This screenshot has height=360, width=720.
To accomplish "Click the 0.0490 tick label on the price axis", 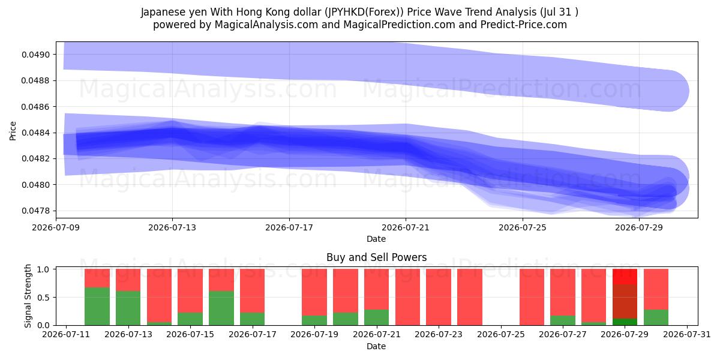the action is tap(35, 55).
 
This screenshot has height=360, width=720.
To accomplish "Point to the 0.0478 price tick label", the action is tap(35, 211).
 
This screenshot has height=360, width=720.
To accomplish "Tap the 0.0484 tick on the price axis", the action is tap(35, 133).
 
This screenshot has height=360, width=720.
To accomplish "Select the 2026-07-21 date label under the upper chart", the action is tap(406, 227).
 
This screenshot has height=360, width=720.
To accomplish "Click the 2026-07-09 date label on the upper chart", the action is tap(56, 227).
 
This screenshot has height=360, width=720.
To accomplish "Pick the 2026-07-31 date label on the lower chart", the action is tap(687, 335).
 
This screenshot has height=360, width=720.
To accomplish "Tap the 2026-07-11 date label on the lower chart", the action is tap(66, 335).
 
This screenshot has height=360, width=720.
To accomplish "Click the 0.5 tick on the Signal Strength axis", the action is tap(43, 298).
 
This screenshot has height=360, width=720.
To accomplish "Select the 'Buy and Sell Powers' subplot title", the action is tap(376, 257).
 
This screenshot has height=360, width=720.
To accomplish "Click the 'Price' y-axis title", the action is tap(13, 131).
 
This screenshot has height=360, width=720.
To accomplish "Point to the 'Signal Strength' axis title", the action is tap(28, 296).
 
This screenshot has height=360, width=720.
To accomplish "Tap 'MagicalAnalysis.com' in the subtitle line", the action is tap(266, 25).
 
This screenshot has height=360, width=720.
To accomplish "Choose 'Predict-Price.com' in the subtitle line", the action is tap(524, 25).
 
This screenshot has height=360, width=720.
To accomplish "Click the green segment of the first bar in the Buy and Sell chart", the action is tap(97, 307).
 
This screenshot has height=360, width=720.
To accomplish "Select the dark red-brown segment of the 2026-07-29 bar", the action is tap(625, 301).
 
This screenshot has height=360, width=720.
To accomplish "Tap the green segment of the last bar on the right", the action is tap(656, 317).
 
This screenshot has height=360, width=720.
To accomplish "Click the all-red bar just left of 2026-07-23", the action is tap(407, 297).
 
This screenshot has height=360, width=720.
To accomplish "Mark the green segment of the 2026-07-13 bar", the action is tap(128, 308).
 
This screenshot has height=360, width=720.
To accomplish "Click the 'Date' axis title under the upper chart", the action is tap(376, 239).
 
